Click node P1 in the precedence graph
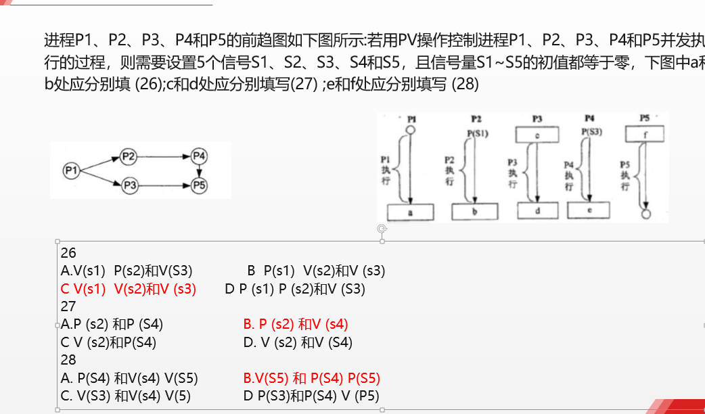coord(71,170)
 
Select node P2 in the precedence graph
coord(129,157)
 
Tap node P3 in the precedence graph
coord(130,184)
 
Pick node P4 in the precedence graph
coord(198,157)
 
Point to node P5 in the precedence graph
coord(198,184)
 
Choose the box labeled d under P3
coord(537,212)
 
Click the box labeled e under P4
coord(589,210)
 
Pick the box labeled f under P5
coord(644,134)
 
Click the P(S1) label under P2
coord(477,133)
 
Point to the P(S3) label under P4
coord(591,132)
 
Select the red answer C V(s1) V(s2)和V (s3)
coord(129,290)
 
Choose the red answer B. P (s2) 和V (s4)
coord(296,325)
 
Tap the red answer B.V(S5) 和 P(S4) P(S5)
coord(312,378)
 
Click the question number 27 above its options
coord(68,306)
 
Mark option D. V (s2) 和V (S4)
coord(298,342)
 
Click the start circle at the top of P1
coord(410,130)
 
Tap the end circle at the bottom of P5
coord(645,214)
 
